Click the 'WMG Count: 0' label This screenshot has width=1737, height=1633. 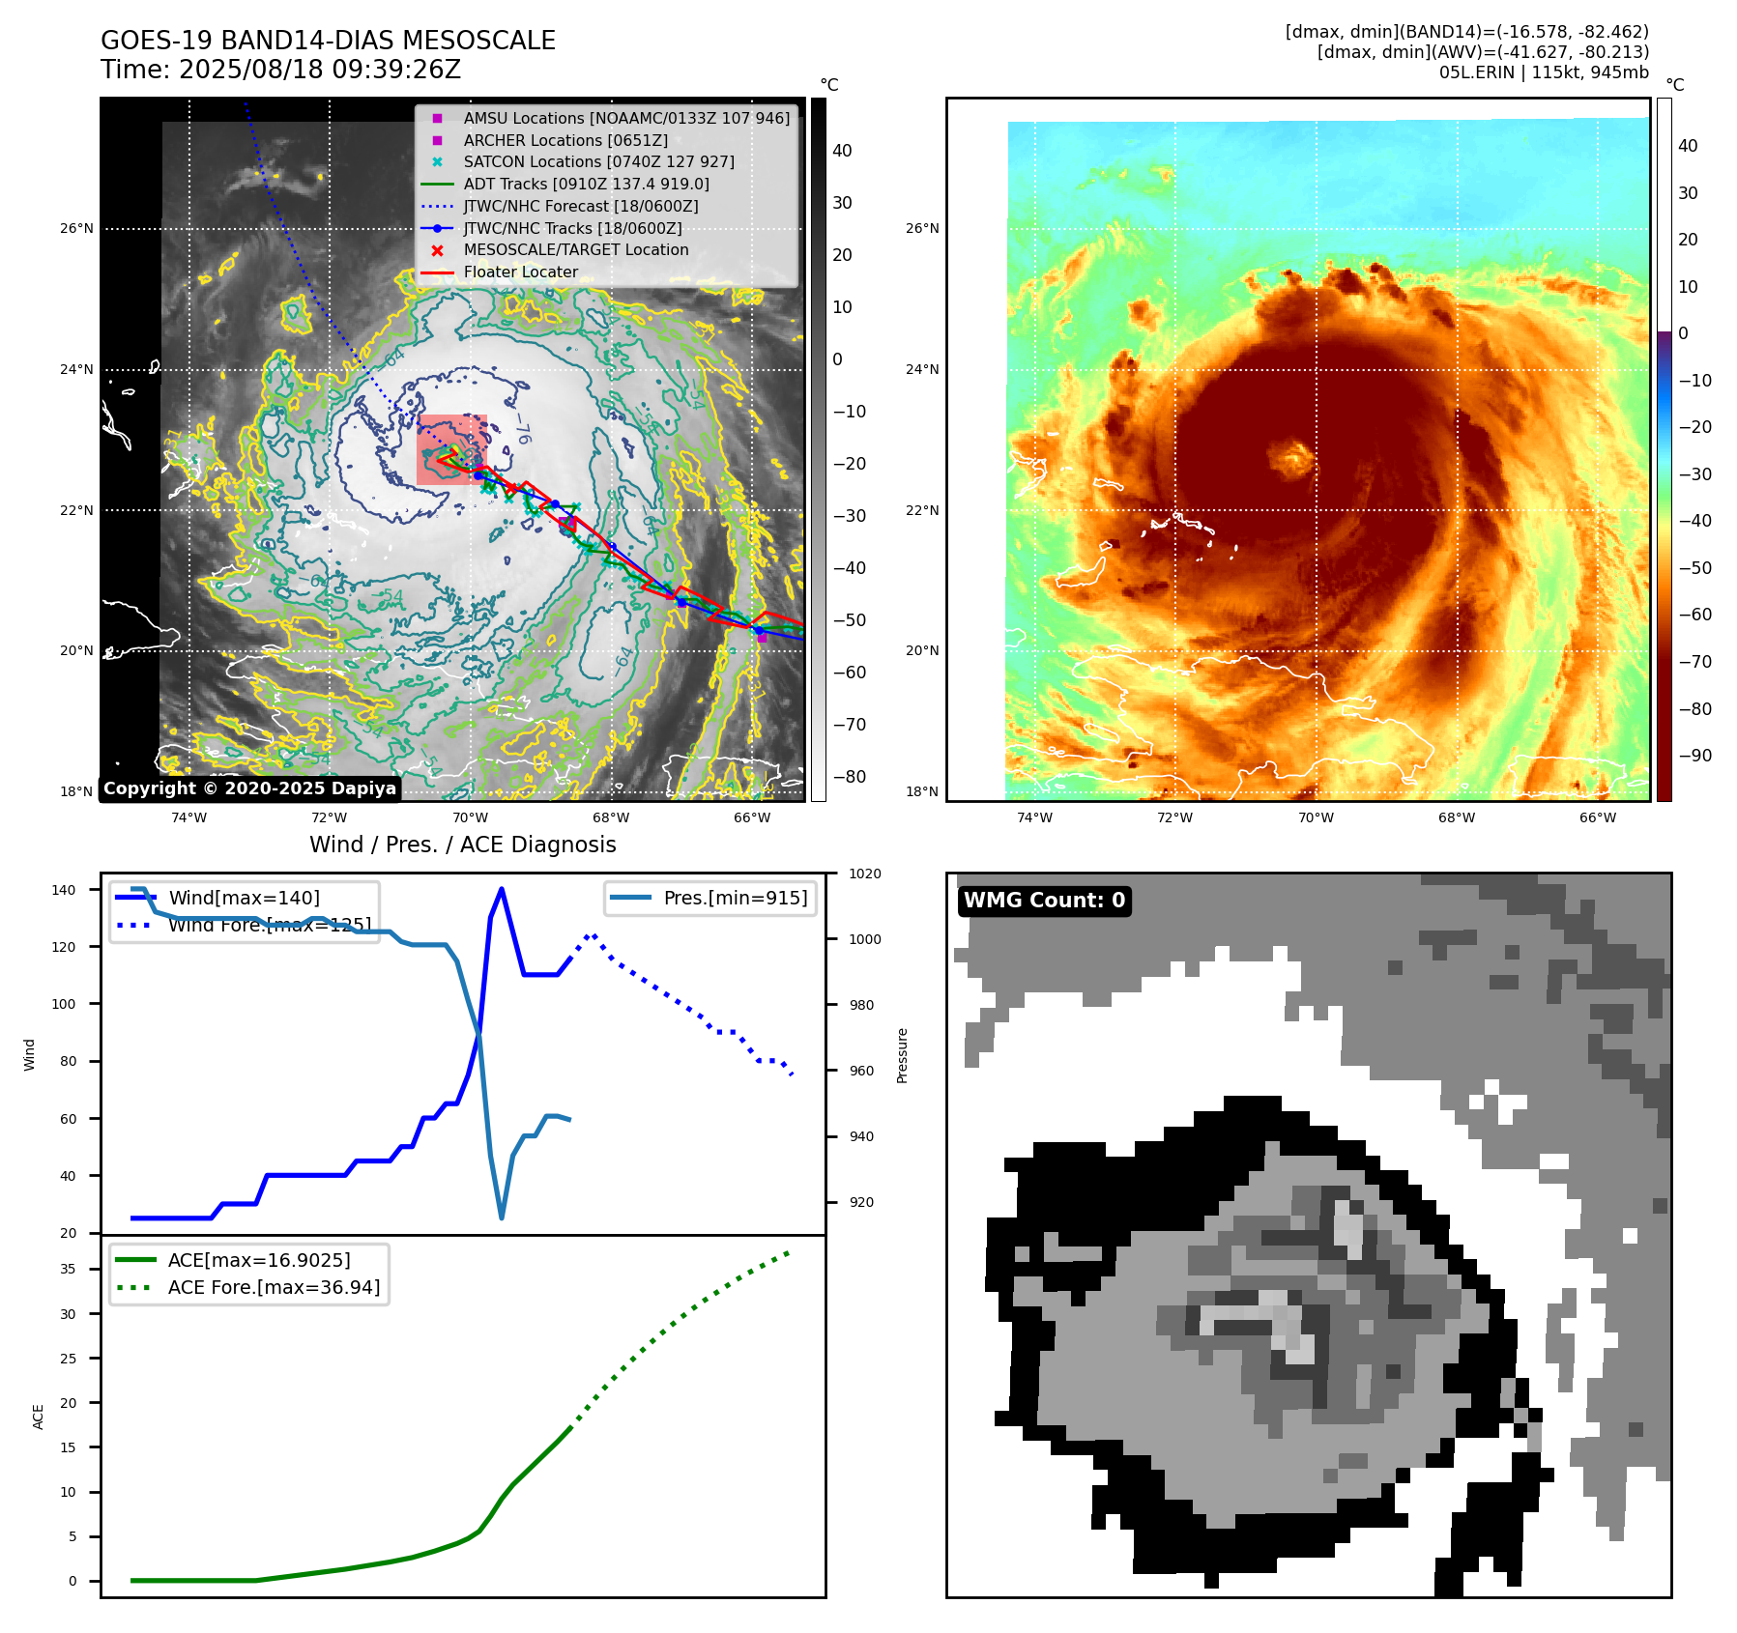[1044, 901]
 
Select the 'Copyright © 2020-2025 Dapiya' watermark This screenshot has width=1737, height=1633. [249, 788]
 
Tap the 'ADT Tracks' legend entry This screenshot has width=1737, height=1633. [586, 184]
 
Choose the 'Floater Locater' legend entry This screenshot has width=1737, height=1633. [520, 272]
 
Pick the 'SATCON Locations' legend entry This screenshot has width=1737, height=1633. [598, 161]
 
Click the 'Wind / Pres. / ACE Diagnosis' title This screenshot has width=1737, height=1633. [462, 845]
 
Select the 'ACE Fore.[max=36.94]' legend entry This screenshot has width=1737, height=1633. [274, 1287]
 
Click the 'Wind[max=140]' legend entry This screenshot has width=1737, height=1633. [244, 898]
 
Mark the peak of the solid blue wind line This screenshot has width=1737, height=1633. [501, 889]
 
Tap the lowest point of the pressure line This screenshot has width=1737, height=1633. [501, 1218]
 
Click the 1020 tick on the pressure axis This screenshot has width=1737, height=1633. [864, 874]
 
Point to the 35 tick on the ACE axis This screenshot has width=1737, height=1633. [69, 1269]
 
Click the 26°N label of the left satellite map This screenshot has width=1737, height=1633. [76, 229]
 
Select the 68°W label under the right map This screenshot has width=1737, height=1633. [1456, 817]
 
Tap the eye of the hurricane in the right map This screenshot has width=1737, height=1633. [1291, 457]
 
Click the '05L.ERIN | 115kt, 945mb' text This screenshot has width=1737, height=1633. [1544, 72]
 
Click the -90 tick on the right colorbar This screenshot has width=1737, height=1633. [1694, 756]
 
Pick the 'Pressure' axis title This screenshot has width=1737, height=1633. [902, 1055]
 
